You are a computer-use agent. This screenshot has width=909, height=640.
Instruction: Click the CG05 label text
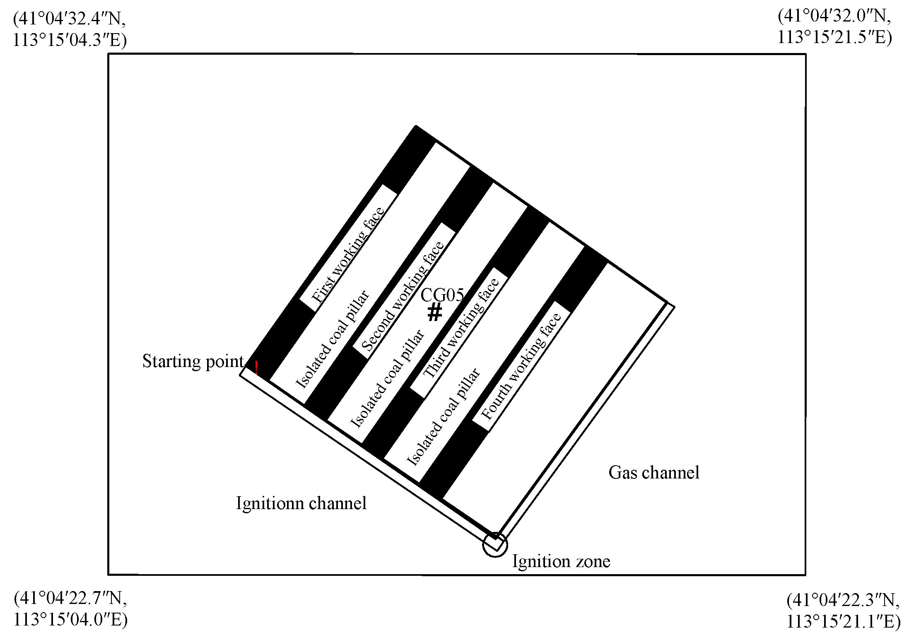pos(442,295)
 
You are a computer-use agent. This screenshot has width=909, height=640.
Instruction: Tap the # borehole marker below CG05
pos(434,312)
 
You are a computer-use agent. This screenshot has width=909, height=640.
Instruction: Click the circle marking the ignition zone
pos(495,545)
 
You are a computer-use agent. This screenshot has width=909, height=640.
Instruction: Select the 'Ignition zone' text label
pos(561,561)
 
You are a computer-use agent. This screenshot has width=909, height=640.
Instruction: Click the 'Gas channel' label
pos(653,473)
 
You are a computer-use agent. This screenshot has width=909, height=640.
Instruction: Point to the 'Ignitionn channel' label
pos(301,503)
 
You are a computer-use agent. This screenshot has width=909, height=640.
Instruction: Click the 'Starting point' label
pos(193,361)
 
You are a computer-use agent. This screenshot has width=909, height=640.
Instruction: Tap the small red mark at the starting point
pos(256,367)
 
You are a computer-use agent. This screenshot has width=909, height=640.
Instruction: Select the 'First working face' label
pos(348,254)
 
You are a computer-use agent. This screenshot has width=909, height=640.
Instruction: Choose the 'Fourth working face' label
pos(521,366)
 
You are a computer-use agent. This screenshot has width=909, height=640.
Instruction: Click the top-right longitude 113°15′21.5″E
pos(834,37)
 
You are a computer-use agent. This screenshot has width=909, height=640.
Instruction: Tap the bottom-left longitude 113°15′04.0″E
pos(70,620)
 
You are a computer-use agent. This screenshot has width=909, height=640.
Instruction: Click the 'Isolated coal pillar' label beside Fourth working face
pos(444,416)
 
